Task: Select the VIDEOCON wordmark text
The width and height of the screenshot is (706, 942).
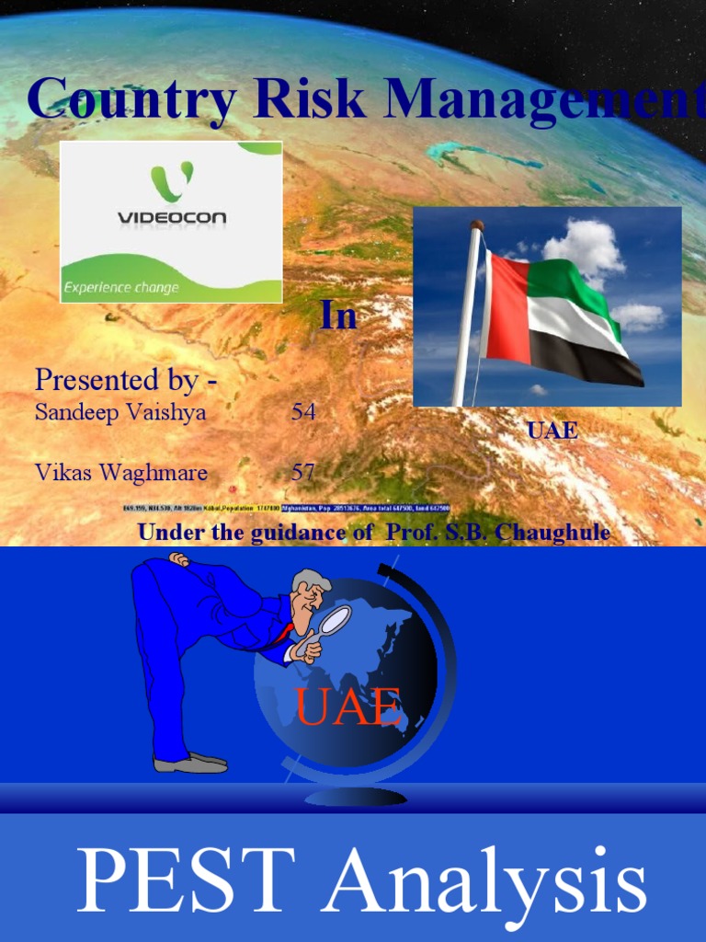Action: (x=172, y=218)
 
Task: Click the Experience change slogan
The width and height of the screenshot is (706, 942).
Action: (x=120, y=288)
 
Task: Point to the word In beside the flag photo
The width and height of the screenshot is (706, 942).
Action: (x=338, y=316)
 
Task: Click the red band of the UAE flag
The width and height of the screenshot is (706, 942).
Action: (x=505, y=309)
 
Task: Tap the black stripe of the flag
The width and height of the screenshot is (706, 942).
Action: (x=588, y=360)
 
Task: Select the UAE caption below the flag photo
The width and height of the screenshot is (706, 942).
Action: (x=552, y=431)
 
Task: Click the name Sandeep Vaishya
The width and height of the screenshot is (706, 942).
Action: (x=120, y=413)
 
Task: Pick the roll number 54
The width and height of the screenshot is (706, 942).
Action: (x=303, y=412)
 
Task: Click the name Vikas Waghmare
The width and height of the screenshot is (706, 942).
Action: (x=121, y=473)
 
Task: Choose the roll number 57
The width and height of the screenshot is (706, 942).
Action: (x=303, y=473)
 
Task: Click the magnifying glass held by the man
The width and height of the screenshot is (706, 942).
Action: (x=334, y=621)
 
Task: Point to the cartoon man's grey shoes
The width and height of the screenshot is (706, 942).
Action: (x=191, y=762)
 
